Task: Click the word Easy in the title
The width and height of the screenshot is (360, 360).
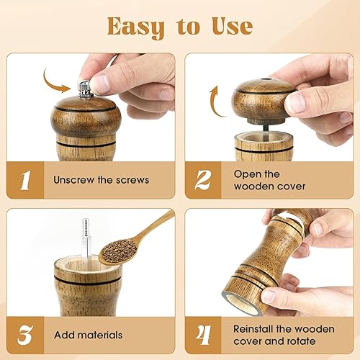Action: (136, 27)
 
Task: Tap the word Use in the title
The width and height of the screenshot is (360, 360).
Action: (232, 26)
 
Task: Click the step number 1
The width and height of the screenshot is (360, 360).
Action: (25, 180)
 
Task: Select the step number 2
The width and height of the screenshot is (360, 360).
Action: (203, 180)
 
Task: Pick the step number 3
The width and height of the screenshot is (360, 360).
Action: (25, 335)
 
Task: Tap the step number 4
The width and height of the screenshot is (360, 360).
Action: (203, 335)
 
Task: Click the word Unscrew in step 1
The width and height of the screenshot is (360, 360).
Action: (74, 180)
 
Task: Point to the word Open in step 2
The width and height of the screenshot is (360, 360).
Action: (246, 175)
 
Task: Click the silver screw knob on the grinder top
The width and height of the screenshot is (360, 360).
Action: (85, 89)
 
